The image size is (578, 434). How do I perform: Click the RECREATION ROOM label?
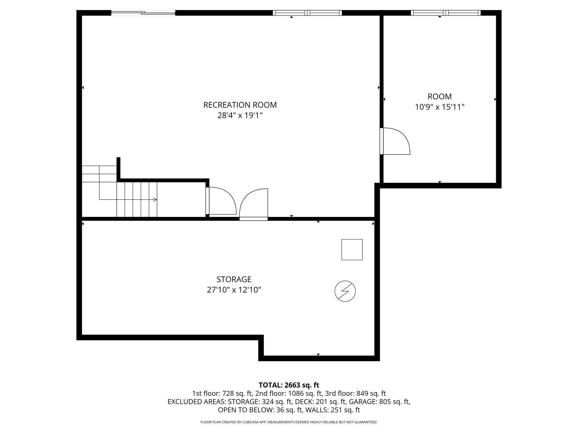click(240, 105)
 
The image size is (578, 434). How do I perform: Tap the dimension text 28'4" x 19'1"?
click(240, 115)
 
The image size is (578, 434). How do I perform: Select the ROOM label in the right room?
click(439, 97)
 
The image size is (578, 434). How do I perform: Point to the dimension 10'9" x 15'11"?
click(439, 107)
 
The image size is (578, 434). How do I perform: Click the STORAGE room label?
click(234, 279)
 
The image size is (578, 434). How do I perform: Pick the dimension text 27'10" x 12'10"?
click(234, 290)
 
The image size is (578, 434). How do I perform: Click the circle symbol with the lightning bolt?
click(345, 291)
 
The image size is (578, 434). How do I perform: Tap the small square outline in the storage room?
click(352, 250)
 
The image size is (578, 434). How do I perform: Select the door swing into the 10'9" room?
click(395, 141)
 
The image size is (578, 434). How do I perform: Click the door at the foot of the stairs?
click(221, 201)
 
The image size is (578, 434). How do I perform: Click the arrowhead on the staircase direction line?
click(155, 199)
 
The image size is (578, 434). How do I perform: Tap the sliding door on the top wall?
click(143, 13)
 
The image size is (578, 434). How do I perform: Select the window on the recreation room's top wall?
click(307, 13)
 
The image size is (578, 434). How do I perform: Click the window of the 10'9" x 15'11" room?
click(445, 13)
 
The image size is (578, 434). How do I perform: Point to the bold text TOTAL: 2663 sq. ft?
click(289, 385)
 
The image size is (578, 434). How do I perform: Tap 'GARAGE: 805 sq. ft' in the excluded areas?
click(379, 402)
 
